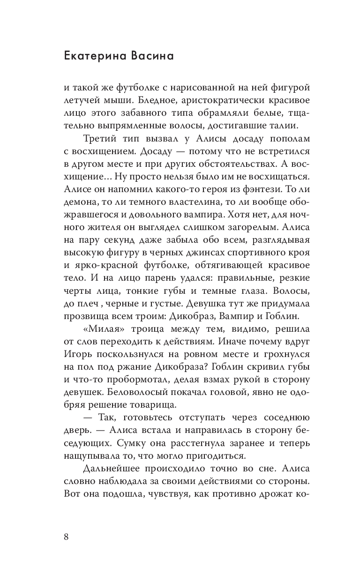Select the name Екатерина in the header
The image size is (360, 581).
(100, 56)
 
